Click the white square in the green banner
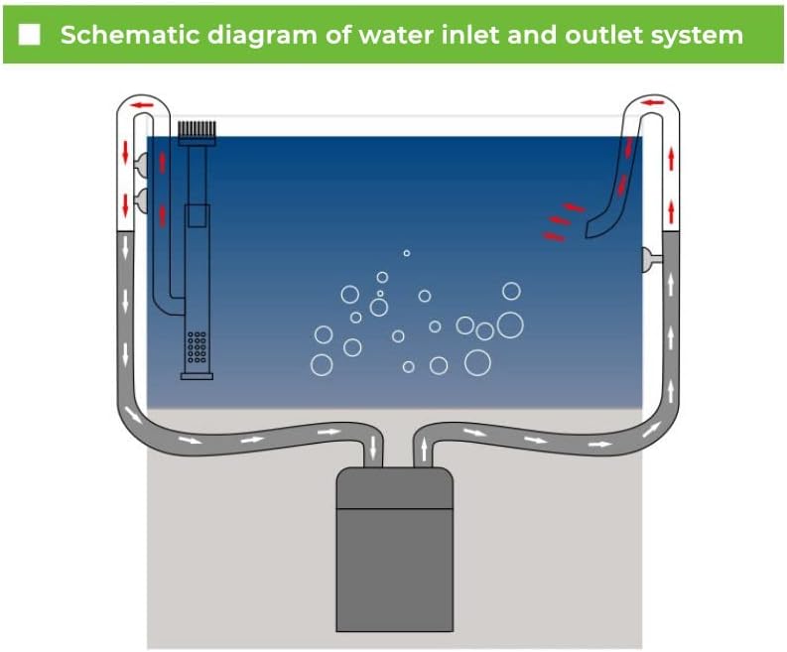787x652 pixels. pos(31,36)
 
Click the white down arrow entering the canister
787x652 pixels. pos(373,448)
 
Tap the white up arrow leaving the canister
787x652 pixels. pos(425,450)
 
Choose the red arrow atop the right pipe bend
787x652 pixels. pos(652,101)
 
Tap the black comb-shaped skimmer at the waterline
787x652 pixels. pos(197,129)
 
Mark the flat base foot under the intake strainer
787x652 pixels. pos(197,375)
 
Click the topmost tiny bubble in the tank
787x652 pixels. pos(406,253)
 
